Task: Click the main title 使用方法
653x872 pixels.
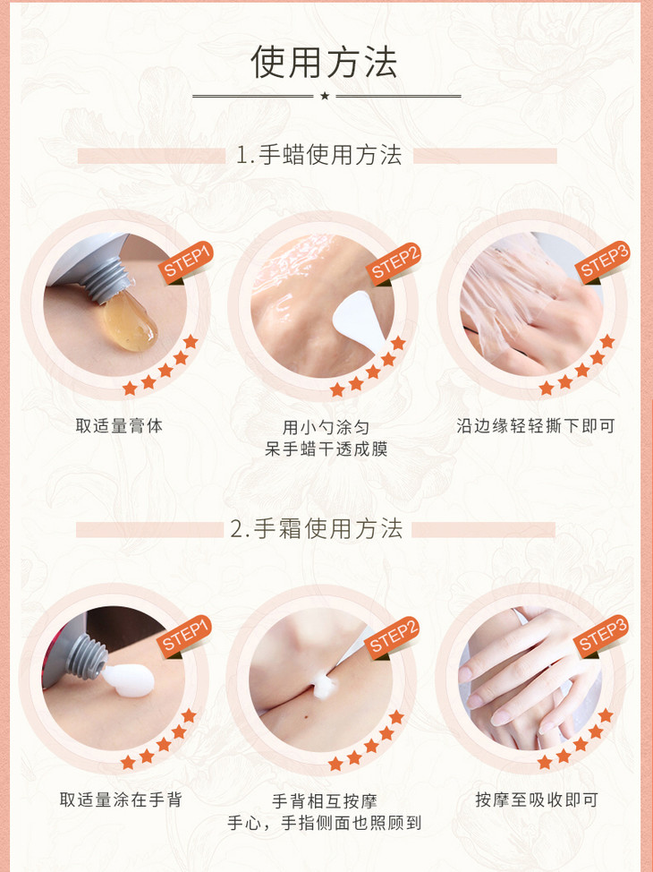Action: click(324, 62)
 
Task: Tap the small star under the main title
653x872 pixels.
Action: click(325, 96)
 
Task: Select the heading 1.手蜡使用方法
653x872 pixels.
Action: click(319, 155)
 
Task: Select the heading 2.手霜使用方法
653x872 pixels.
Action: click(317, 529)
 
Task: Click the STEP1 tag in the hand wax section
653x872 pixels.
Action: click(187, 261)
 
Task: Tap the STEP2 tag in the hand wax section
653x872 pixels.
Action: click(394, 262)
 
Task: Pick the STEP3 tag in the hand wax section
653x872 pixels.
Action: click(603, 262)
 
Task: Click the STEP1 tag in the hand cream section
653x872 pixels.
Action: click(185, 636)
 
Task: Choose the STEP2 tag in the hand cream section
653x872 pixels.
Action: click(393, 637)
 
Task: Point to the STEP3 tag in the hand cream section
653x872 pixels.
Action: click(601, 636)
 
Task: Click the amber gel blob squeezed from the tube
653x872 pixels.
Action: click(129, 321)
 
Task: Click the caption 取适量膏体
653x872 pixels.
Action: click(119, 426)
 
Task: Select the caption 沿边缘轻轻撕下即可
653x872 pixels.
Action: click(536, 426)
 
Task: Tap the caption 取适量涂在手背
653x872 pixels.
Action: click(121, 799)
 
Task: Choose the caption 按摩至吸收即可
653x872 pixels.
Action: click(537, 799)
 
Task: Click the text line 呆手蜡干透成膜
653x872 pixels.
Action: click(326, 449)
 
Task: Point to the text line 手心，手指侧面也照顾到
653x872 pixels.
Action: click(325, 823)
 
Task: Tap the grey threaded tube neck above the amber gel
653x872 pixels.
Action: click(105, 281)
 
